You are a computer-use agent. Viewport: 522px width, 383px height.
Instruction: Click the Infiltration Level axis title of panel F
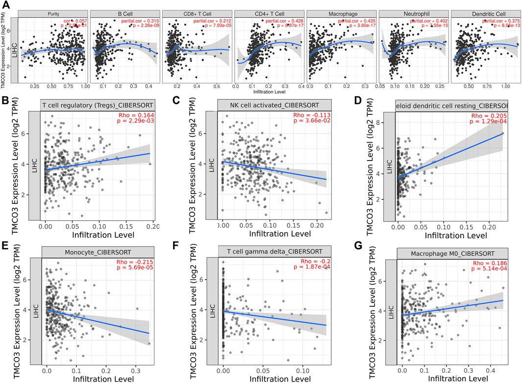pos(275,379)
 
